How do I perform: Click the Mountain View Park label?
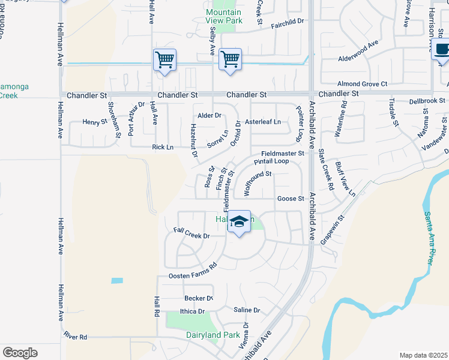coord(223,16)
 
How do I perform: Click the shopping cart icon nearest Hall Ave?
coord(164,60)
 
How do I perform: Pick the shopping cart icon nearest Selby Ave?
coord(230,59)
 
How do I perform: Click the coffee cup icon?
coord(442,50)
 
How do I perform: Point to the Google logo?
coord(20,353)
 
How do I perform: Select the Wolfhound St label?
coord(258,184)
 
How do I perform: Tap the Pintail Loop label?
coord(271,161)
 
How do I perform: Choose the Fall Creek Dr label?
coord(191,233)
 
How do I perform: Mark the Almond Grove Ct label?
coord(362,84)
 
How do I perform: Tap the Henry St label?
coord(94,122)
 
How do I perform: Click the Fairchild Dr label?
coord(288,21)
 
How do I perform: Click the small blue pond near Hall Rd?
coord(117,281)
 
